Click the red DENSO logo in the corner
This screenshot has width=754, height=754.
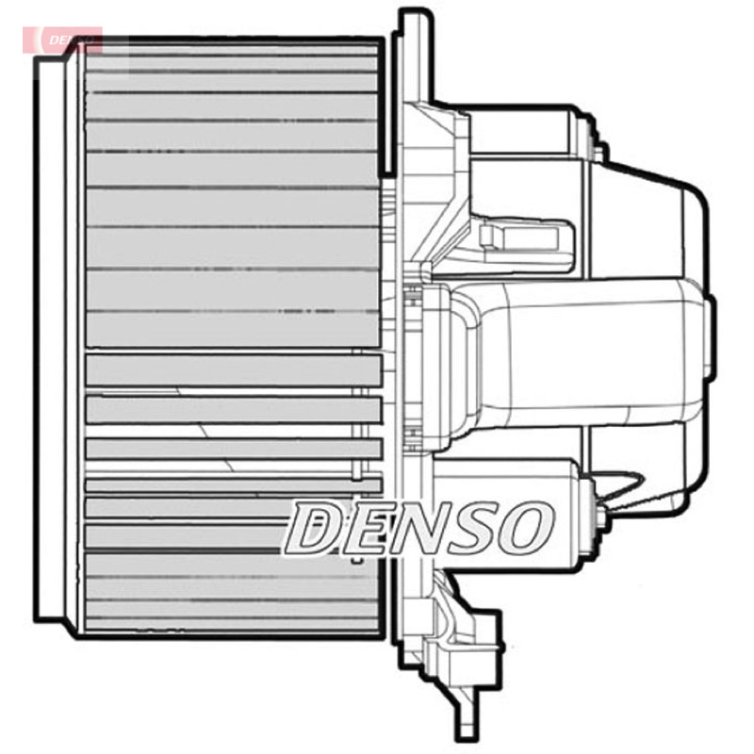click(x=62, y=40)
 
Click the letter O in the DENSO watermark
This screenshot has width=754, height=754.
click(x=526, y=528)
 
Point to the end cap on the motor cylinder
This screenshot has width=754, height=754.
click(x=710, y=336)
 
